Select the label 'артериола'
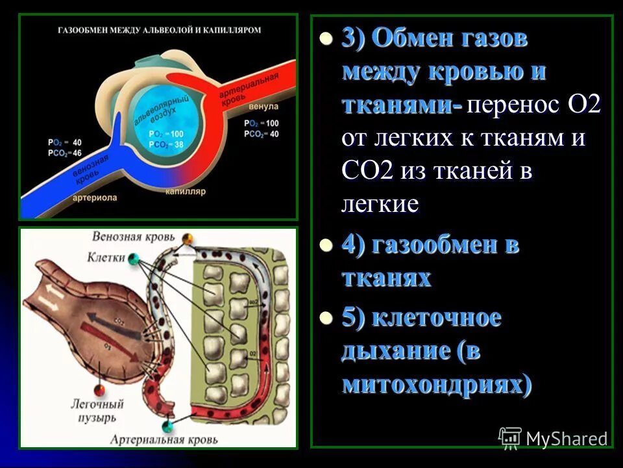coord(96,197)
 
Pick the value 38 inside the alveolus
coord(177,144)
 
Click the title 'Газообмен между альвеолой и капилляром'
coord(160,30)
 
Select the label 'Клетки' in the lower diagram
coord(106,257)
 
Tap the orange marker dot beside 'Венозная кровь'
coord(188,238)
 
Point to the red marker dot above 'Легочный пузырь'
coord(99,390)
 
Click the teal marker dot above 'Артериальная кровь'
coord(168,426)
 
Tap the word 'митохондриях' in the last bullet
coord(432,385)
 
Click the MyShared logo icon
coord(510,437)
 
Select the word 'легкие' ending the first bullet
coord(380,204)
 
